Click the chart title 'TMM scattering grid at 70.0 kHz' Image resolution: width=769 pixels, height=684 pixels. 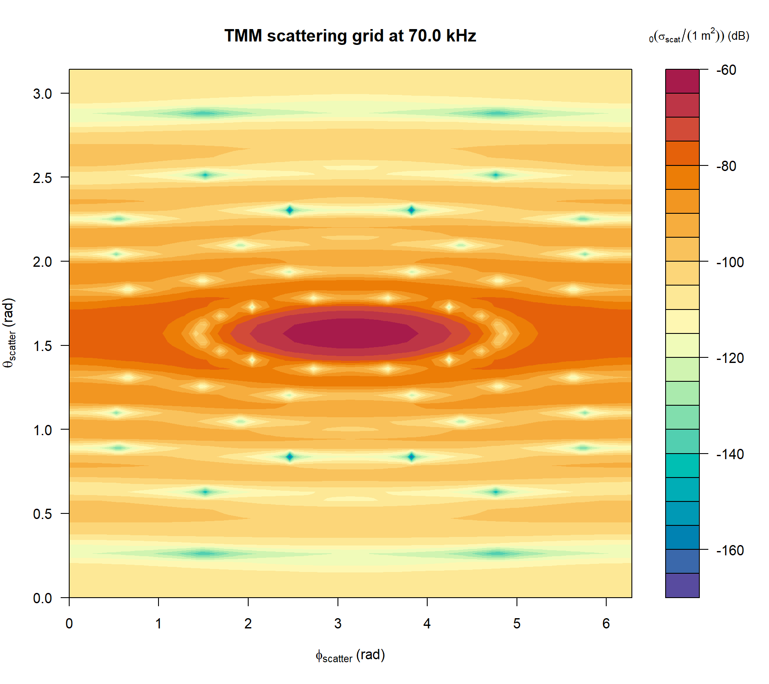[x=350, y=36]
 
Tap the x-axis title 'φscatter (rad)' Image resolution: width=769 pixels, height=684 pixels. [x=350, y=655]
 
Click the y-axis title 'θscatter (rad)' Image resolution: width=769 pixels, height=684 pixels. [x=9, y=333]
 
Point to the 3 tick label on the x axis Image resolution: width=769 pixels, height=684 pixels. [x=338, y=624]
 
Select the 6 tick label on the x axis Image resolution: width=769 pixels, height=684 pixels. [x=606, y=624]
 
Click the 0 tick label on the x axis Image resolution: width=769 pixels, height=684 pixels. [x=69, y=624]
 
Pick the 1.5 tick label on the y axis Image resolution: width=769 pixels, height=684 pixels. [x=42, y=346]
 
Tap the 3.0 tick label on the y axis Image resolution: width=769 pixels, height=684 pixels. [x=42, y=94]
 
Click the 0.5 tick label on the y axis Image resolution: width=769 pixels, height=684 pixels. [x=42, y=514]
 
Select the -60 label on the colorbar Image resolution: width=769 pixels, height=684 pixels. [x=726, y=70]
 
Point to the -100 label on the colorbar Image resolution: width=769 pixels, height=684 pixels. [x=730, y=262]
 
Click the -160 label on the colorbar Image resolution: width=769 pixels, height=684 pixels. [x=730, y=550]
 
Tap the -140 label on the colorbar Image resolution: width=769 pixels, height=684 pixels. [x=730, y=454]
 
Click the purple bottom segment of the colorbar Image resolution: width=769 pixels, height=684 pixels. [x=682, y=585]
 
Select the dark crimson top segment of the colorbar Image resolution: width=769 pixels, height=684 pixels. [x=682, y=81]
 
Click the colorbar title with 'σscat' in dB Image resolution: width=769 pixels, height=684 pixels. [x=699, y=36]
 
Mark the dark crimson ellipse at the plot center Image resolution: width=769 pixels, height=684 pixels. [x=350, y=333]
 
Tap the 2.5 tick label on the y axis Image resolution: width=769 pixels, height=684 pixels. [x=42, y=178]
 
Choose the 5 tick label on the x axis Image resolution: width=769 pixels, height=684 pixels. [x=517, y=624]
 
